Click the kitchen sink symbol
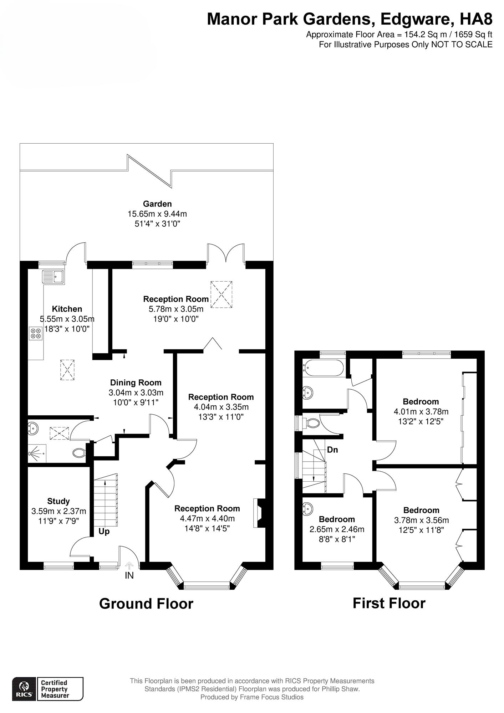coord(53,277)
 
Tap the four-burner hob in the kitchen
coord(36,333)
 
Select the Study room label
coord(58,501)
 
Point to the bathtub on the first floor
coord(323,368)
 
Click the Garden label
coord(157,204)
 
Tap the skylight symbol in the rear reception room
coord(222,294)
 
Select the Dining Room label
coord(136,383)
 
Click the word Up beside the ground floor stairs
coord(104,532)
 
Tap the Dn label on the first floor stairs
coord(332,450)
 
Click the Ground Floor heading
coord(146,604)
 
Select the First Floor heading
coord(389,603)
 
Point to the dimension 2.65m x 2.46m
coord(337,529)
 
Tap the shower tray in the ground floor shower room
coord(37,453)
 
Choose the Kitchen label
coord(67,309)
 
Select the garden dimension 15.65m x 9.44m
coord(157,214)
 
